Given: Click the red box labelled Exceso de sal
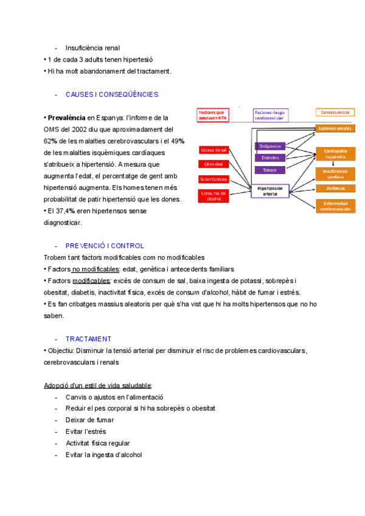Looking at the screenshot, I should point(213,150).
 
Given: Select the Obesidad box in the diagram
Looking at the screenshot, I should point(213,164).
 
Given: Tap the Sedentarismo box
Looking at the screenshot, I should point(213,179).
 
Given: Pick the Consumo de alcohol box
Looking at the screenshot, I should point(213,195).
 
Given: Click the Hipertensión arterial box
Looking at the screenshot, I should point(270,191).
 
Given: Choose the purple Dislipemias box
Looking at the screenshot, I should point(269,147).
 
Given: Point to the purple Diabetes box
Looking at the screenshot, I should point(269,158).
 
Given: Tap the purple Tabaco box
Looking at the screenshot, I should point(269,170).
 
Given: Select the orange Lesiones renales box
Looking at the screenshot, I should point(335,128).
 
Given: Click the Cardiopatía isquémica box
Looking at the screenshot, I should point(335,153).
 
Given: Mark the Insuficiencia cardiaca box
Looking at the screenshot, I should point(335,174).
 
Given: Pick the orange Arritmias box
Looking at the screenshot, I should point(335,188).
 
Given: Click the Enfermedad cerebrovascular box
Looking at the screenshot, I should point(335,206).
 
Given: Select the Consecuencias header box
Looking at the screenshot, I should point(335,113).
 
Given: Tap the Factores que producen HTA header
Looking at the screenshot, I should point(212,115).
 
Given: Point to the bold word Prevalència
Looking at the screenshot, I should point(66,117).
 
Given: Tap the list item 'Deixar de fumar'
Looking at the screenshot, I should point(89,420).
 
